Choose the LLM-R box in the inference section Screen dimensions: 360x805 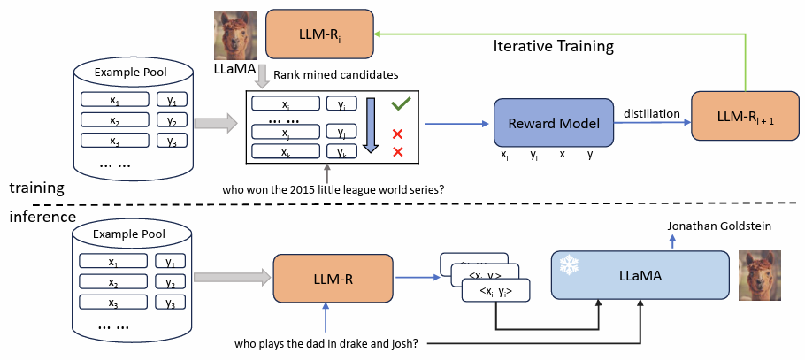pyautogui.click(x=333, y=280)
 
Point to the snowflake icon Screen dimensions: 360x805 pyautogui.click(x=566, y=264)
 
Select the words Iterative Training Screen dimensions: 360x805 pyautogui.click(x=554, y=44)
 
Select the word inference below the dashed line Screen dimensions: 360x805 pyautogui.click(x=42, y=216)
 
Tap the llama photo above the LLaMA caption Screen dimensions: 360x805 pyautogui.click(x=234, y=34)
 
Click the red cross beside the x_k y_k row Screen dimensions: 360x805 pyautogui.click(x=397, y=152)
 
